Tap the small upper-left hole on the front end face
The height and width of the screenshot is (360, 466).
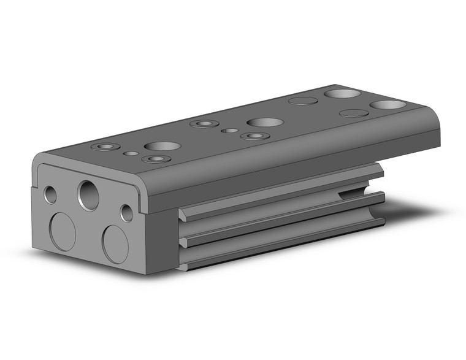tap(51, 194)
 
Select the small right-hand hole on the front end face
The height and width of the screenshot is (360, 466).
tap(126, 213)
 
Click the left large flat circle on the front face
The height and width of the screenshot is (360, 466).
tap(62, 231)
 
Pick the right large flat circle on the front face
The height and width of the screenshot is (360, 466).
tap(115, 243)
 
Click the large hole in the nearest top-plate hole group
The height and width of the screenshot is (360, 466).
tap(162, 147)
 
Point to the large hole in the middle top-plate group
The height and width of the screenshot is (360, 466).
tap(265, 122)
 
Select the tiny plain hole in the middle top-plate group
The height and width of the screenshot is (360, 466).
tap(229, 130)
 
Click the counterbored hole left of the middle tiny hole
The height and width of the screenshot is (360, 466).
tap(204, 124)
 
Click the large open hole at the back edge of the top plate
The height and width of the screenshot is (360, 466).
tap(342, 94)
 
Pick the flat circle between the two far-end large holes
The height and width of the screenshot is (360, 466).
tap(354, 113)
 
